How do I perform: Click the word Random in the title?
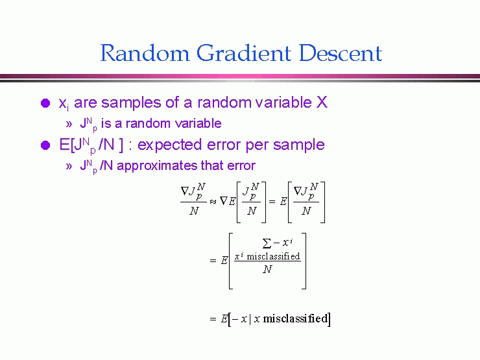point(145,53)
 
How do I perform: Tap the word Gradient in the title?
point(244,53)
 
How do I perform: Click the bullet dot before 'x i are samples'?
point(45,103)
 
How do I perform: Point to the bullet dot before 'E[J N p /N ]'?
point(45,145)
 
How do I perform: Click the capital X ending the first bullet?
point(322,102)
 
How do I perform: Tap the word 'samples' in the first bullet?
point(131,103)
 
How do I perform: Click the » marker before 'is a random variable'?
point(69,125)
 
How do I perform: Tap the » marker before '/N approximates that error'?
point(69,166)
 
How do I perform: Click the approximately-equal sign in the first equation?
point(213,202)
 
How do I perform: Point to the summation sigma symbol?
point(267,243)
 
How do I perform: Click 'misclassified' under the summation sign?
point(273,256)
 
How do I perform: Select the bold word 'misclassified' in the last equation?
point(295,318)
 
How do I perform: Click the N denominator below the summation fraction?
point(267,269)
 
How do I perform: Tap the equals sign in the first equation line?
point(272,202)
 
